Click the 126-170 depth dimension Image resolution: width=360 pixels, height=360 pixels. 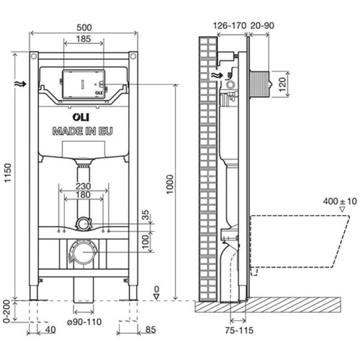[x=228, y=23]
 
